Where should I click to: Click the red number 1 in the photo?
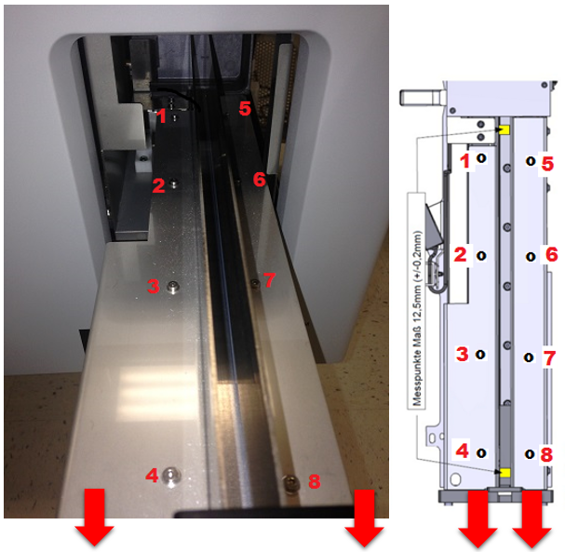162,116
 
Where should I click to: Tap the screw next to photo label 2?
174,183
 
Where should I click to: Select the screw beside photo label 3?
173,287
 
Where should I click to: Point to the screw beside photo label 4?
170,476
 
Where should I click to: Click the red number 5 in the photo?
245,108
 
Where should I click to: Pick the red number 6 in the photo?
260,179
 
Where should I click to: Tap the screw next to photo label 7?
255,284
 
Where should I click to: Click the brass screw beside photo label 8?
291,481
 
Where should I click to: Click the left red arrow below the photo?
94,517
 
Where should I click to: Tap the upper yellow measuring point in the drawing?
504,129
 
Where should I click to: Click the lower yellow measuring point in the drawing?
504,472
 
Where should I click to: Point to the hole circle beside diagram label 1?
481,158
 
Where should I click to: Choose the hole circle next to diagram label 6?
531,257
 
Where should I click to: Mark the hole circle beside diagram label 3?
480,355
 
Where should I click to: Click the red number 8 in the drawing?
546,454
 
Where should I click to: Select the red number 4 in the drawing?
463,451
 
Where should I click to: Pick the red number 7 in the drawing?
549,358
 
